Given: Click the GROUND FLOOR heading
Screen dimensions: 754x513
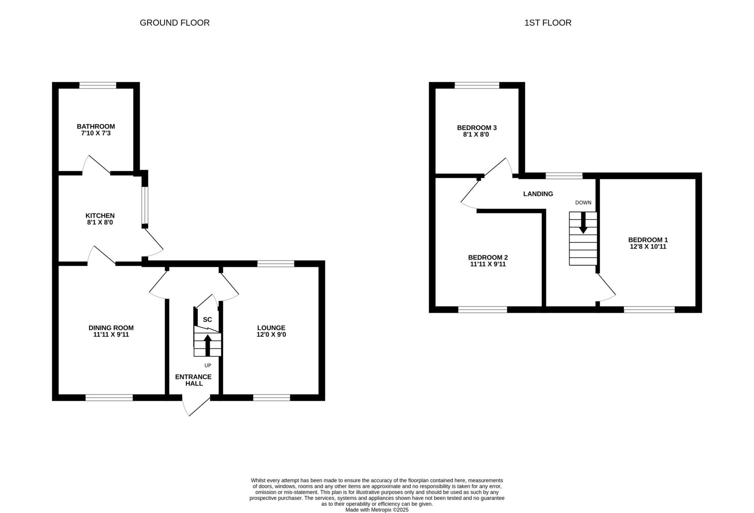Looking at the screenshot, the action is coord(175,23).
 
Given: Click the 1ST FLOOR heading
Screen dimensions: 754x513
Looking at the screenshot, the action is coord(548,23).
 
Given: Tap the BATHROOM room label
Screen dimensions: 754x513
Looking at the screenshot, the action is coord(96,127).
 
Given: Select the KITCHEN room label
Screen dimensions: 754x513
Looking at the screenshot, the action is coord(100,215).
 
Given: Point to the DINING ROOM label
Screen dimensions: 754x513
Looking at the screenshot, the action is coord(111,328).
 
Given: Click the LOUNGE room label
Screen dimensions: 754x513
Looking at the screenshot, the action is coord(271,328).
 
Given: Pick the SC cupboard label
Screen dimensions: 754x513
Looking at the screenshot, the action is coord(208,320).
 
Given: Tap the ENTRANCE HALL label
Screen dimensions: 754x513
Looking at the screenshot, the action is coord(193,380).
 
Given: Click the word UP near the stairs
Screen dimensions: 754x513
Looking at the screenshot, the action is coord(208,366).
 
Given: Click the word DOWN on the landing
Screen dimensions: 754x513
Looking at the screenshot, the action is coord(583,203).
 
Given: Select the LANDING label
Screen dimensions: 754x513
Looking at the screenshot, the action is coord(538,194).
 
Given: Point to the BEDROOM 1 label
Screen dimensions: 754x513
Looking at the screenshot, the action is coord(648,240).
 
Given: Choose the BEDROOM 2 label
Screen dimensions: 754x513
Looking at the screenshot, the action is coord(488,257).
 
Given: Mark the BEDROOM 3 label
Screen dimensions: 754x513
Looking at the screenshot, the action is coord(477,128).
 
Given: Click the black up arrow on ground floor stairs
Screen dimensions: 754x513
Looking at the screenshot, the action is coord(208,345).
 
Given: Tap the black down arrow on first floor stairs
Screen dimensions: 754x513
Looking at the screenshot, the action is coord(583,222).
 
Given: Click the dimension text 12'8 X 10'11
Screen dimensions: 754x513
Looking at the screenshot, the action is coord(648,246).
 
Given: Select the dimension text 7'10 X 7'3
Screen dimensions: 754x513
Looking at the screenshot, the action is coord(96,133).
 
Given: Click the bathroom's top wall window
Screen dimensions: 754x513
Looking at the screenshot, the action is coord(98,86).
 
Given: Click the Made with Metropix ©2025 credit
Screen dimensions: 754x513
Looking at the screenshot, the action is coord(377,510).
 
